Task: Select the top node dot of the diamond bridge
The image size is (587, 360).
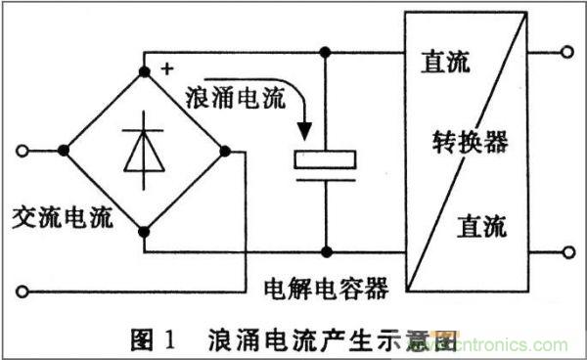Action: (145, 71)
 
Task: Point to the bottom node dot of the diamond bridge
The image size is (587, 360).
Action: (145, 232)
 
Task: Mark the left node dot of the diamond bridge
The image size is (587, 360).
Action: (65, 151)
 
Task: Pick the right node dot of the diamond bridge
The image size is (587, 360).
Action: (226, 151)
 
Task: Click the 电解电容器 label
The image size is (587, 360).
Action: (327, 289)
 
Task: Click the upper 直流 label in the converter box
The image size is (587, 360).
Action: (444, 66)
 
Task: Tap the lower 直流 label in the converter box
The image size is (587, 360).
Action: (482, 228)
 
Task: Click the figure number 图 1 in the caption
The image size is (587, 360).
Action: (152, 340)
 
